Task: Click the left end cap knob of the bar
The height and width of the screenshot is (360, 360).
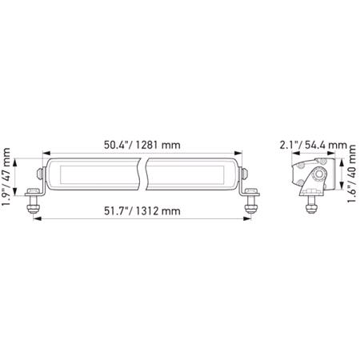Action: pos(39,174)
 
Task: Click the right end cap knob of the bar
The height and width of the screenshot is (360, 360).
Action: pos(245,174)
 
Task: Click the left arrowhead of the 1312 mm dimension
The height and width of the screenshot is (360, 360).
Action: pos(36,220)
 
